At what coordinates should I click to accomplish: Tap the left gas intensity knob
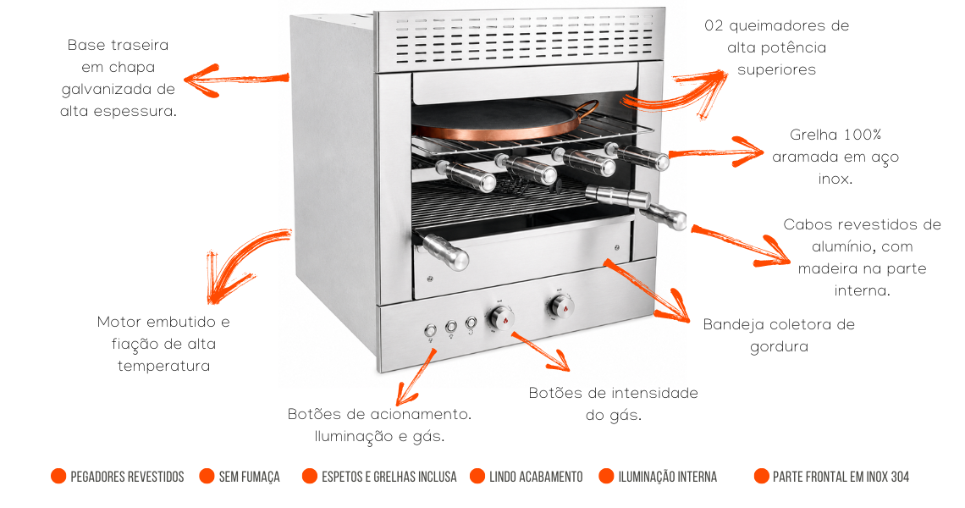click(500, 318)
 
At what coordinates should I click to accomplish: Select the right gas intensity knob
click(560, 306)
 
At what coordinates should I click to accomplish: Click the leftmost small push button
click(431, 331)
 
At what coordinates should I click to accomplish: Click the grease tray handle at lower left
click(442, 251)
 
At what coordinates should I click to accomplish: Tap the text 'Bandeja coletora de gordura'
click(779, 335)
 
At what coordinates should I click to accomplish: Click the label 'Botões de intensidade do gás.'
click(614, 404)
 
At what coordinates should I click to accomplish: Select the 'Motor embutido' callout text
click(163, 344)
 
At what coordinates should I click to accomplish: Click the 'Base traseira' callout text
click(119, 78)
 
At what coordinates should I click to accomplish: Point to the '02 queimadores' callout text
click(777, 47)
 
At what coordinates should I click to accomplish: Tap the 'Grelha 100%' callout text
click(835, 157)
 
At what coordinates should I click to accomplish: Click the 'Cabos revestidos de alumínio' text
click(863, 257)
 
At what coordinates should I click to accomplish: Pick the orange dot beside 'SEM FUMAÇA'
click(207, 476)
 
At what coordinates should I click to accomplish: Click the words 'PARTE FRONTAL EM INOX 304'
click(841, 477)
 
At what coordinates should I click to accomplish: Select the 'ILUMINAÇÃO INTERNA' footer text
click(668, 477)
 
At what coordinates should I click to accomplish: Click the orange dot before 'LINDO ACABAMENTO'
click(477, 476)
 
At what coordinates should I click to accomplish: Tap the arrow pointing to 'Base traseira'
click(236, 80)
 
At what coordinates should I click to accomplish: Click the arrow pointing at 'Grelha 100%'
click(716, 152)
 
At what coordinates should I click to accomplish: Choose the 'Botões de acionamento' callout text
click(380, 425)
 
